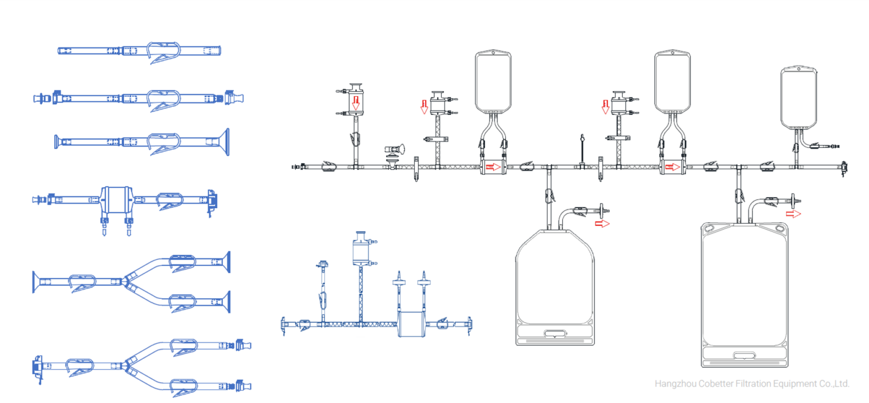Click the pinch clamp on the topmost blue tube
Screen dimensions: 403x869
click(164, 52)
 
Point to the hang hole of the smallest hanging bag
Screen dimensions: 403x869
click(800, 69)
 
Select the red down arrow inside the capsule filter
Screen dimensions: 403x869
click(355, 102)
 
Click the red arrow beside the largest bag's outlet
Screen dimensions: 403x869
click(795, 214)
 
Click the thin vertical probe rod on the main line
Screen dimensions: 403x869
click(582, 150)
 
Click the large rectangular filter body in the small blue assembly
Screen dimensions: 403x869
click(411, 324)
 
